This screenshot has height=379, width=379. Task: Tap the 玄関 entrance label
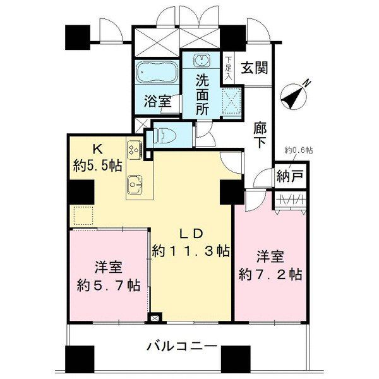(255, 67)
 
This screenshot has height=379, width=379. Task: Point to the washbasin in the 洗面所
(202, 61)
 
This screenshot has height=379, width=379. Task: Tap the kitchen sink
(135, 184)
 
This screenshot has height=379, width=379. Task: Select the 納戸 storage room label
(289, 178)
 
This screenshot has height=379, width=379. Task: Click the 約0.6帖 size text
(298, 150)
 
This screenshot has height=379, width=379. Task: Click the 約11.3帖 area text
(191, 251)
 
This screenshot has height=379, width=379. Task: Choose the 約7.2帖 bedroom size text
(270, 274)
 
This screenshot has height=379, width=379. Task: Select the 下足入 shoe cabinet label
(228, 68)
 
